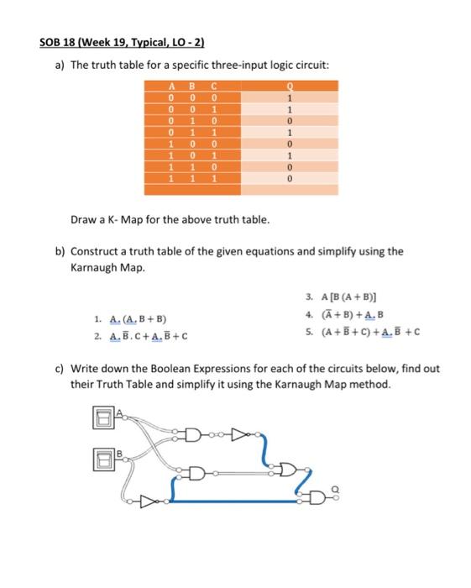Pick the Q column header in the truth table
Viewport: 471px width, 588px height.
tap(290, 85)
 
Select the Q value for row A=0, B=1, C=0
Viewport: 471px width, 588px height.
tap(290, 120)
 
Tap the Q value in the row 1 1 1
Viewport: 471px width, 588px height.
tap(290, 179)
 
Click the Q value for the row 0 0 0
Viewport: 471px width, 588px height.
tap(290, 97)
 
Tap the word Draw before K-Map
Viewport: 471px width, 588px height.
tap(84, 220)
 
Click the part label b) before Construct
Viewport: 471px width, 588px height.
tap(60, 250)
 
